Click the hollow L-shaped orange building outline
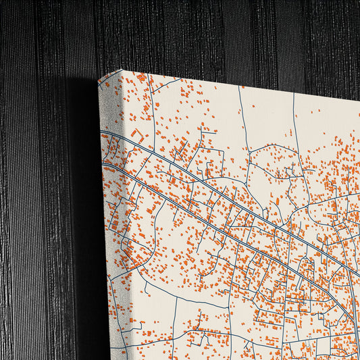click(x=138, y=134)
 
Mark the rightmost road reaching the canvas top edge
click(x=294, y=101)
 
